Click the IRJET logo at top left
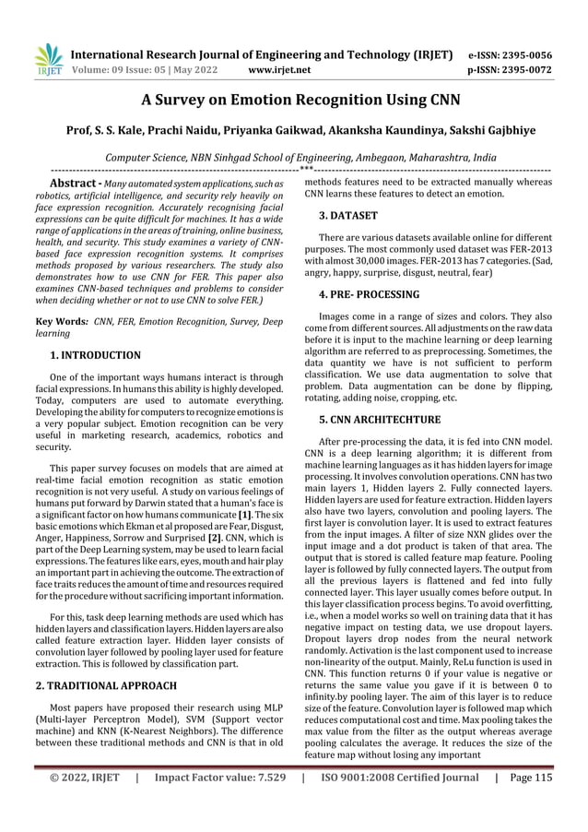click(x=46, y=59)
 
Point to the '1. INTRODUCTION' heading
click(x=95, y=354)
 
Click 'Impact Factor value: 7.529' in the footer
click(x=218, y=802)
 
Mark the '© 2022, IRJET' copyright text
click(x=84, y=802)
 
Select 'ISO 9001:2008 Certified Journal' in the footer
click(x=397, y=802)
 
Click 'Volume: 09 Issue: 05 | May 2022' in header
click(x=153, y=69)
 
